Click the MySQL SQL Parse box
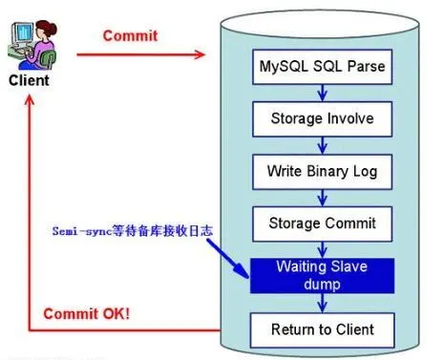[x=322, y=67]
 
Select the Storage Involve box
[x=322, y=119]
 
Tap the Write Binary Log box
[x=322, y=172]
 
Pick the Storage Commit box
[x=322, y=223]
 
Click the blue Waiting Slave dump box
[x=322, y=276]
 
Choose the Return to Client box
[x=322, y=330]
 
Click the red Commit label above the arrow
[x=130, y=35]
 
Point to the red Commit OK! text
[x=87, y=314]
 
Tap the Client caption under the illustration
[x=29, y=80]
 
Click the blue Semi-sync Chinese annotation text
[x=133, y=231]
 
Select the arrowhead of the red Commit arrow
[x=201, y=54]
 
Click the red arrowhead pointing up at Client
[x=30, y=100]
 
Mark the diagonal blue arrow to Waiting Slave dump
[x=228, y=258]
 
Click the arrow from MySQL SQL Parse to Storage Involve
[x=323, y=93]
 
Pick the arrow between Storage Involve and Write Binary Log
[x=323, y=145]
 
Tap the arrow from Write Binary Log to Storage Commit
[x=323, y=198]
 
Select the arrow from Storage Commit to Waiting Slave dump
[x=323, y=250]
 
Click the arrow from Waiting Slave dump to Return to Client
[x=323, y=303]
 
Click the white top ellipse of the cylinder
[x=320, y=24]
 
